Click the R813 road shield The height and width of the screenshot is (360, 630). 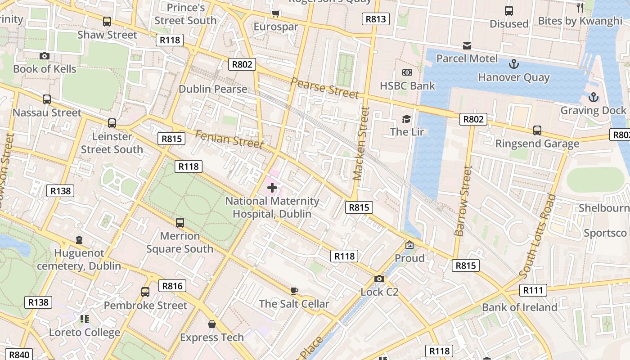pyautogui.click(x=375, y=19)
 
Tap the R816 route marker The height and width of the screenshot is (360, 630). pyautogui.click(x=172, y=286)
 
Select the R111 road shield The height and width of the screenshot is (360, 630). pyautogui.click(x=533, y=290)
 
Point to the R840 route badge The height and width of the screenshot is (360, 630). pyautogui.click(x=19, y=355)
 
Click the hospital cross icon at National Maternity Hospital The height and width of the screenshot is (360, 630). pyautogui.click(x=272, y=187)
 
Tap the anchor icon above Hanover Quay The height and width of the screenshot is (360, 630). pyautogui.click(x=513, y=64)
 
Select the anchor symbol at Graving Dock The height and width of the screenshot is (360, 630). pyautogui.click(x=593, y=97)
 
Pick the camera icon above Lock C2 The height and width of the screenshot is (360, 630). pyautogui.click(x=379, y=279)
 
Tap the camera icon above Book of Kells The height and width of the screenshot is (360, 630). pyautogui.click(x=44, y=56)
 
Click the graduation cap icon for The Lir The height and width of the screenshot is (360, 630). pyautogui.click(x=407, y=119)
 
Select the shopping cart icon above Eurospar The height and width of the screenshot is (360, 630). pyautogui.click(x=276, y=13)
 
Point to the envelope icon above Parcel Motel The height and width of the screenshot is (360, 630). pyautogui.click(x=467, y=46)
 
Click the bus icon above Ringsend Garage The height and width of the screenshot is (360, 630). pyautogui.click(x=537, y=130)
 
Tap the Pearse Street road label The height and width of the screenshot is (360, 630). pyautogui.click(x=324, y=88)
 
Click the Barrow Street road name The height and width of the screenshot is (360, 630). pyautogui.click(x=463, y=201)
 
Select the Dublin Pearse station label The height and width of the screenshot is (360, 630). pyautogui.click(x=213, y=89)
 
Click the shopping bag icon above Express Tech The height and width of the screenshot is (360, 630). pyautogui.click(x=211, y=324)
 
